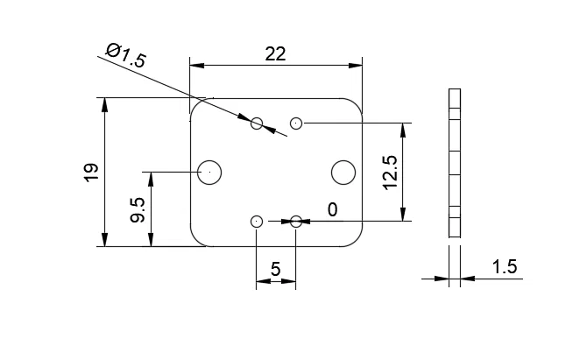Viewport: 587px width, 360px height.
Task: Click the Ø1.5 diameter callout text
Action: tap(125, 55)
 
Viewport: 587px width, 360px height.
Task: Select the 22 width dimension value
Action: tap(275, 53)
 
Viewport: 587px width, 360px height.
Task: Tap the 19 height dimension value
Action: tap(91, 172)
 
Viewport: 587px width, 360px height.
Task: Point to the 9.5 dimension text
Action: tap(138, 209)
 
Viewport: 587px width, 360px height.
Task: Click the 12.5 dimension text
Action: tap(390, 173)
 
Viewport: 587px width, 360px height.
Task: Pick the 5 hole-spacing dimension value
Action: tap(275, 270)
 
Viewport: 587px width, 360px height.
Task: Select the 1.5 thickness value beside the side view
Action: tap(504, 267)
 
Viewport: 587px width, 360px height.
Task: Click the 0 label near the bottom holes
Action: tap(332, 209)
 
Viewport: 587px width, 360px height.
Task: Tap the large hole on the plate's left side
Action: tap(210, 173)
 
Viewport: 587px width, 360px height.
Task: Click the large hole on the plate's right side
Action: tap(343, 173)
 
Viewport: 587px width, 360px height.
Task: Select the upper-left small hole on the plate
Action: tap(257, 123)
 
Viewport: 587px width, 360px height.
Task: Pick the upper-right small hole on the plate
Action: tap(296, 123)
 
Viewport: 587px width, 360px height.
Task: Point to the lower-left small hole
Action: tap(257, 222)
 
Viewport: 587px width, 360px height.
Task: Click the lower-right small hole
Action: tap(296, 222)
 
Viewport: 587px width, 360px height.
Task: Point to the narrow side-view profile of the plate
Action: tap(454, 163)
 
